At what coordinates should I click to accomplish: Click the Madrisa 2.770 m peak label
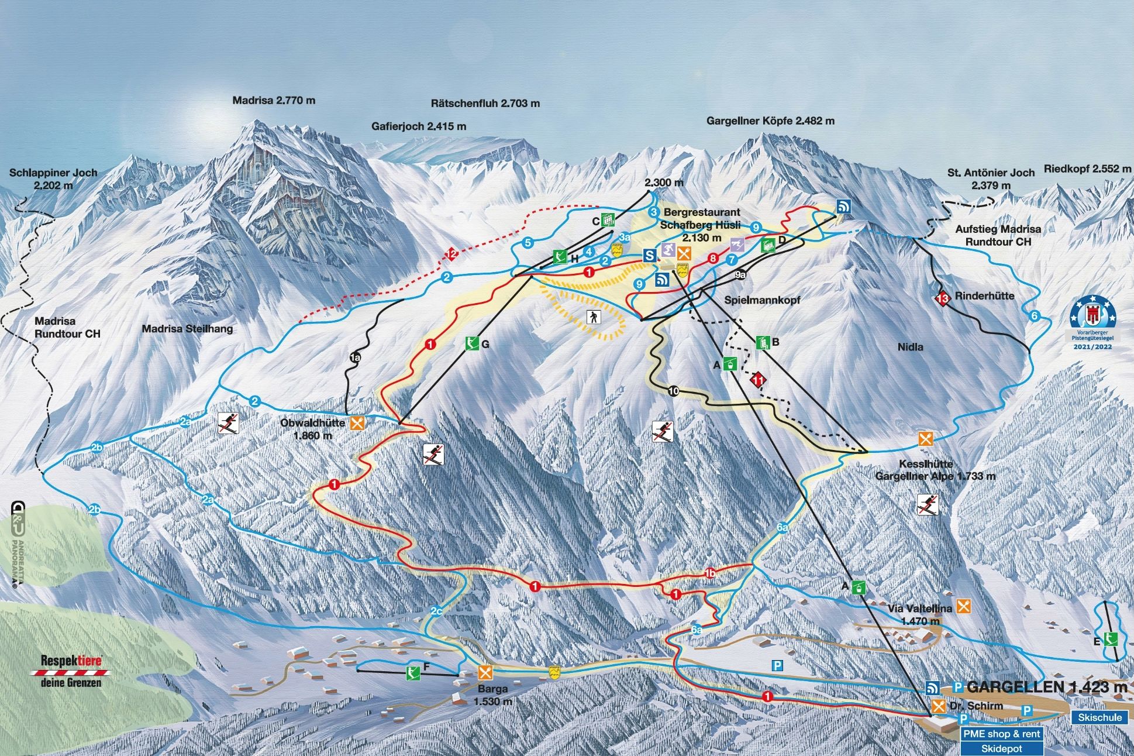(x=274, y=101)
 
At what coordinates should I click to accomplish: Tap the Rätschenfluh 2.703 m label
(x=485, y=104)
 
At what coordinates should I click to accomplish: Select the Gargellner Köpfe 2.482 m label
(x=770, y=121)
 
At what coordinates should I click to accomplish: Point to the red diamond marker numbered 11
(x=759, y=380)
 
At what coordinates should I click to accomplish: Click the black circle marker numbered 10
(x=673, y=391)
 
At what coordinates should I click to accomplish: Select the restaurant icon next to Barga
(x=485, y=671)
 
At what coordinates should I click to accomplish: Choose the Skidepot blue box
(x=1001, y=748)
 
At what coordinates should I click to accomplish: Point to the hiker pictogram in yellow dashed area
(x=594, y=318)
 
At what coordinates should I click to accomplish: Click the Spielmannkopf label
(x=761, y=300)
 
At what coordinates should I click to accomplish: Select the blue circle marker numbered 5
(x=528, y=242)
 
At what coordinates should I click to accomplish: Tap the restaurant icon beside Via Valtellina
(x=963, y=606)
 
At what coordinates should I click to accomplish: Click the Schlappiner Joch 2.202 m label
(x=53, y=179)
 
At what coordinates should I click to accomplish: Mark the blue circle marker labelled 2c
(x=436, y=611)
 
